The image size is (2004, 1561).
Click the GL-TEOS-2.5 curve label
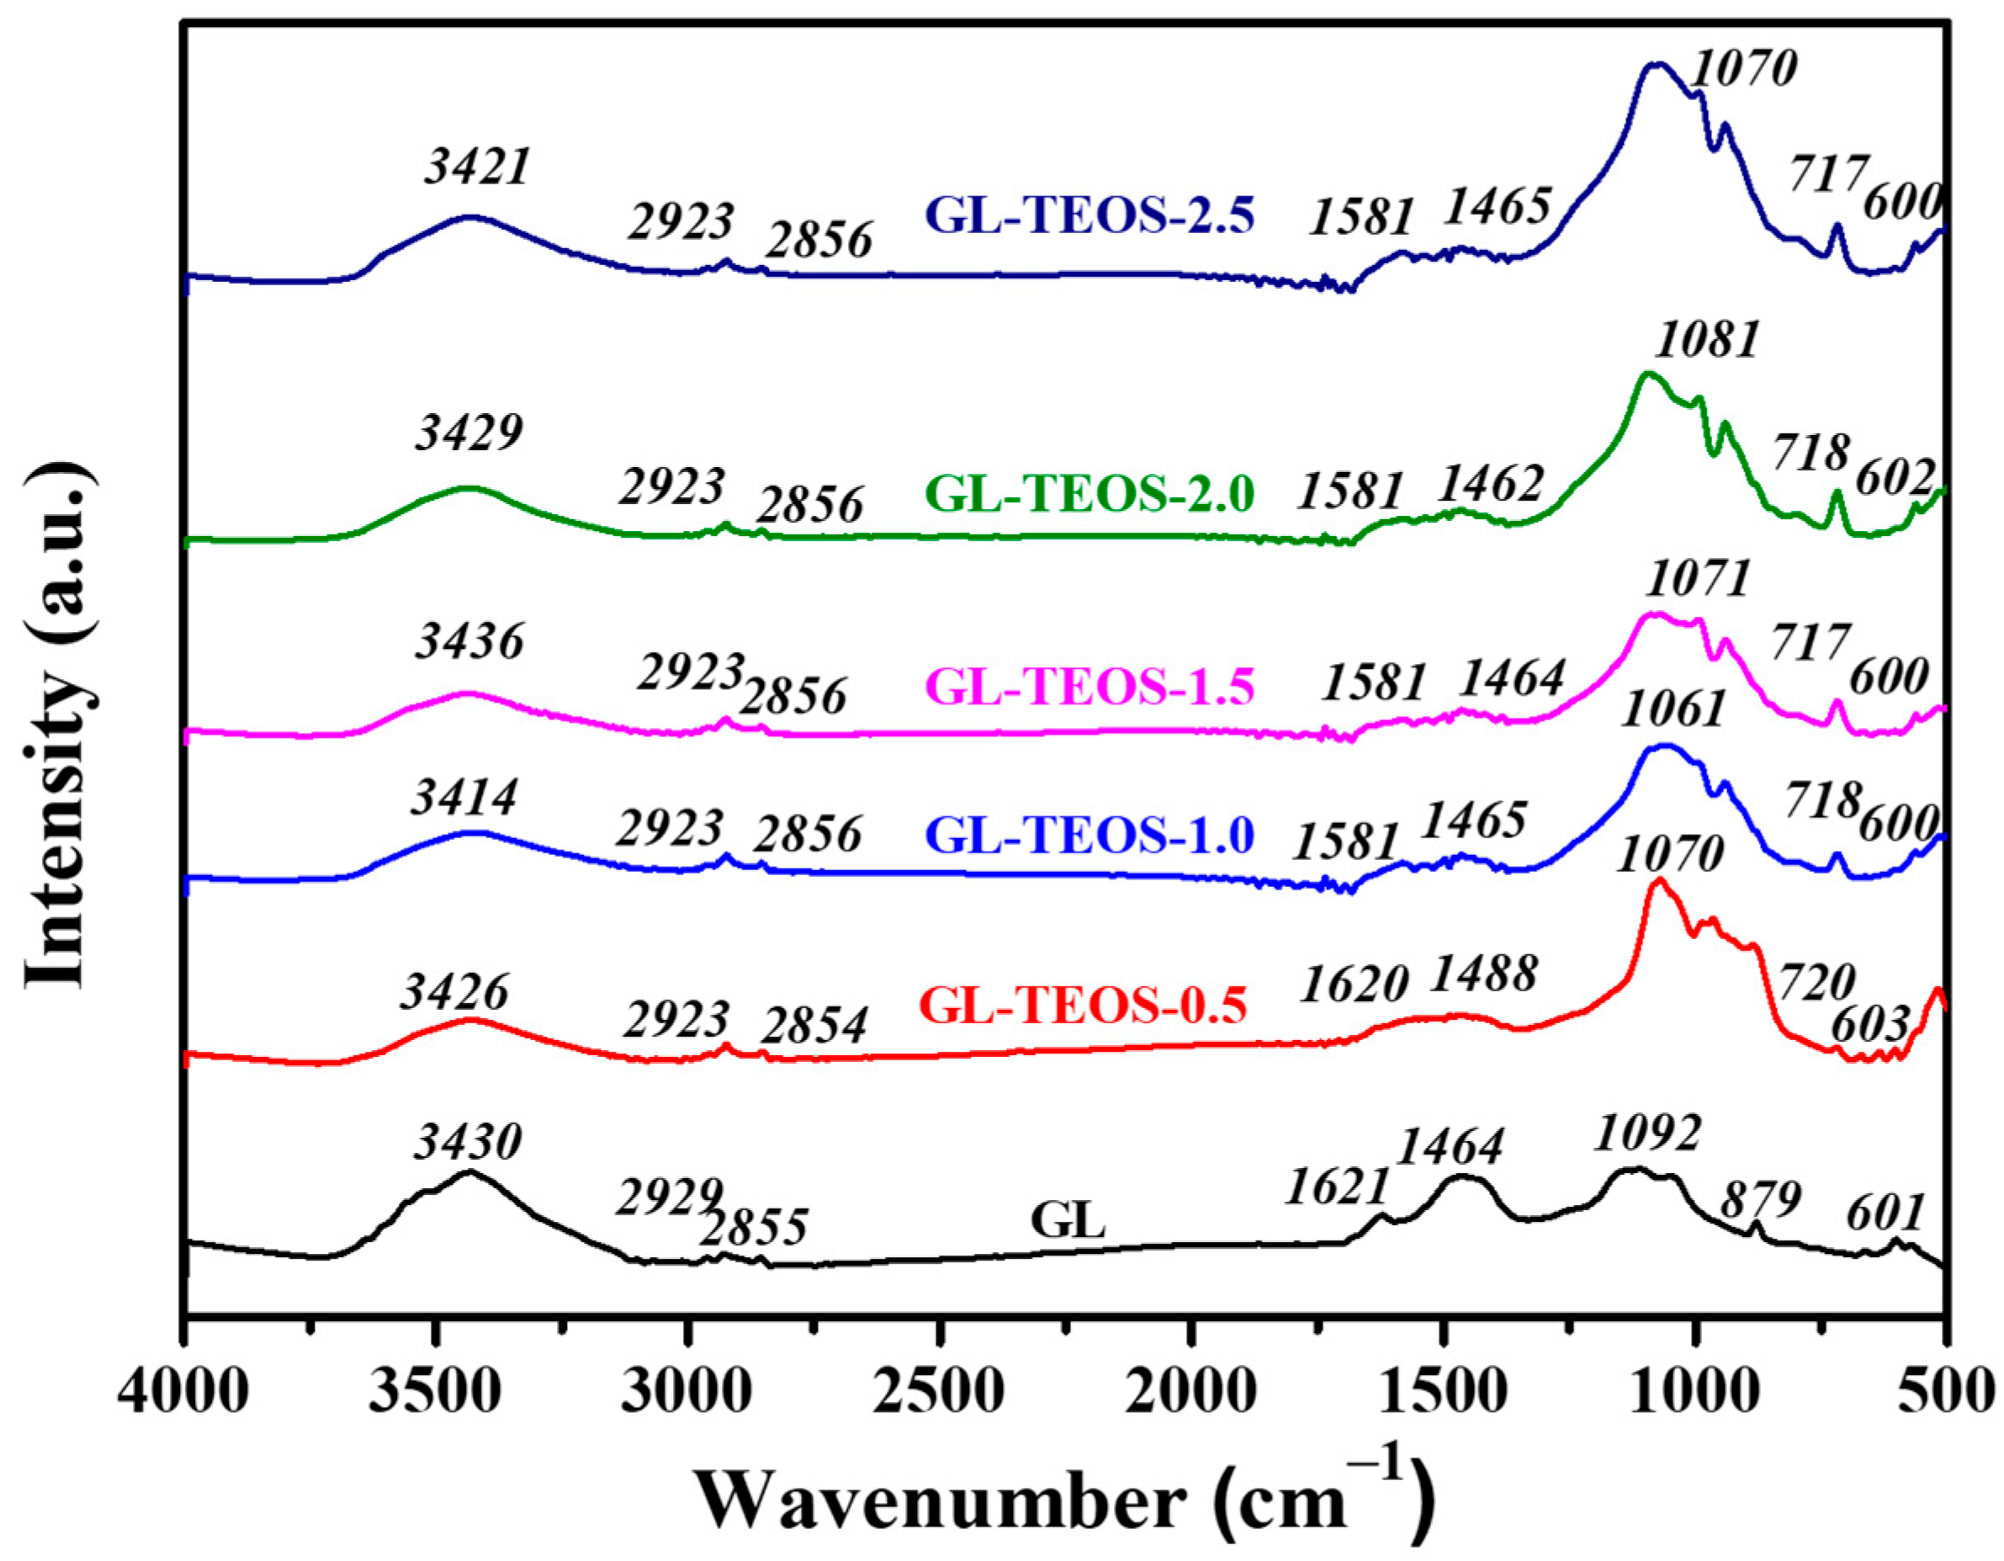1089,216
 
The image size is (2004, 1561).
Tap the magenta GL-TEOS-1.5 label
1089,686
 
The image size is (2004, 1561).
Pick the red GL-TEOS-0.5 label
1083,1005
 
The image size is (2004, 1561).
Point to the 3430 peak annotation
467,1143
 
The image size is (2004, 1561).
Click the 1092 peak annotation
1647,1134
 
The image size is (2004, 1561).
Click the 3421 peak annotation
477,168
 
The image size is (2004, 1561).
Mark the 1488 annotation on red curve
1484,974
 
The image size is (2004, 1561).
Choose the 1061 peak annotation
1673,710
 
